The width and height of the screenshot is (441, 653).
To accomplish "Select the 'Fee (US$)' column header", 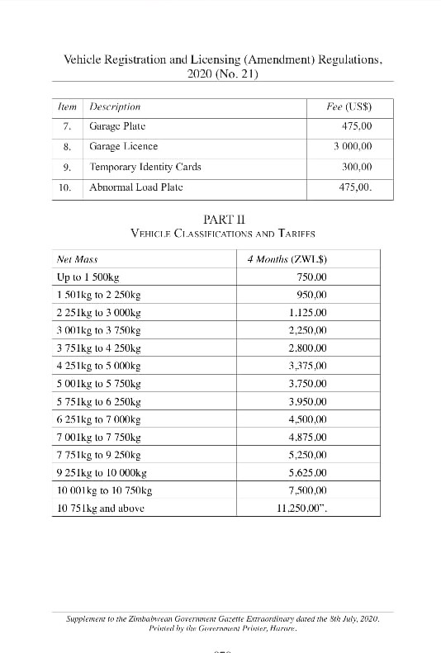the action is point(350,106).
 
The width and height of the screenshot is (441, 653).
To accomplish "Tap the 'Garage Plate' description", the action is point(117,126).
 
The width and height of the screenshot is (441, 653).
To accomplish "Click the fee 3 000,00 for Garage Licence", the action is point(353,146).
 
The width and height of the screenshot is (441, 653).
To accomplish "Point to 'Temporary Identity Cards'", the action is point(145,167).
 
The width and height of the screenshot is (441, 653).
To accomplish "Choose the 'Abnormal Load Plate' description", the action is point(136,187).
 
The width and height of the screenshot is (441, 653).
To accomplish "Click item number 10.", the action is point(65,187).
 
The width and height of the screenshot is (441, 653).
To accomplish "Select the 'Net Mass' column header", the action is point(77,259).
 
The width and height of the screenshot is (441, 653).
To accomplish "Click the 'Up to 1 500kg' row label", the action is point(88,277).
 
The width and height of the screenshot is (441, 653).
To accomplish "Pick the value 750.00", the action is point(311,277).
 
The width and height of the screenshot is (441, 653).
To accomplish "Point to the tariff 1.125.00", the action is point(308,313).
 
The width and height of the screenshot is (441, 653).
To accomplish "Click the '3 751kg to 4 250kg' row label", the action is point(98,348).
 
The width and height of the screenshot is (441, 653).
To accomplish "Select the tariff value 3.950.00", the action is point(308,402).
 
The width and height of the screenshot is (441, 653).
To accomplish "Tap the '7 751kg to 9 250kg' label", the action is point(98,455).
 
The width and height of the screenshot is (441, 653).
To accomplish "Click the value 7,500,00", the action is point(308,490).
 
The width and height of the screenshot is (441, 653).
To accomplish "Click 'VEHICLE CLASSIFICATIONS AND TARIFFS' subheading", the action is point(223,234).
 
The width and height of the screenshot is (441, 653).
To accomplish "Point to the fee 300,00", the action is point(357,167).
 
